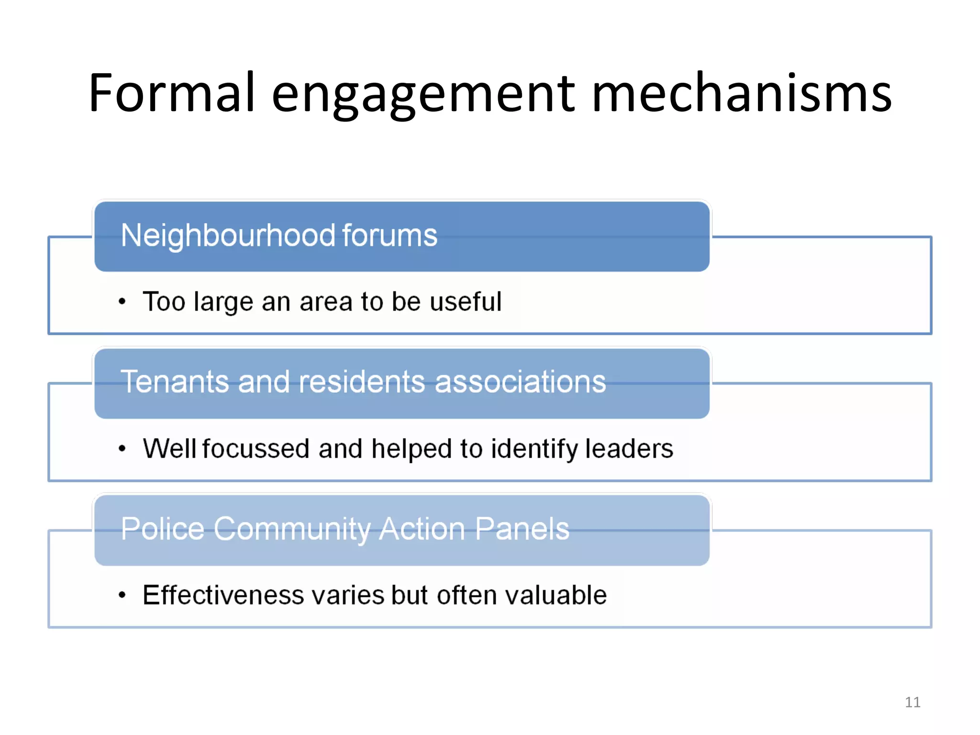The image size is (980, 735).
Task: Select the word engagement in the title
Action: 423,95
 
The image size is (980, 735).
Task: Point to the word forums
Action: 390,235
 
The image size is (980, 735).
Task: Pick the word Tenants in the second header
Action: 175,382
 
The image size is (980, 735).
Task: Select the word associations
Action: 520,382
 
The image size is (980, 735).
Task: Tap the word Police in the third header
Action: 163,529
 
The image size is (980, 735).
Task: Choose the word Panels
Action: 522,529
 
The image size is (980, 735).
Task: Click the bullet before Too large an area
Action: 122,301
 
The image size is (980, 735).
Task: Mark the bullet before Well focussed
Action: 122,448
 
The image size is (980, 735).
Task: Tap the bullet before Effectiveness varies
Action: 122,595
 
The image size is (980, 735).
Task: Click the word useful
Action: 466,301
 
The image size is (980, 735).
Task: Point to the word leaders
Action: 629,448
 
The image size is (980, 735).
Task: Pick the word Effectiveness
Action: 223,595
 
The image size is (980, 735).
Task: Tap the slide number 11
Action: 913,702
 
